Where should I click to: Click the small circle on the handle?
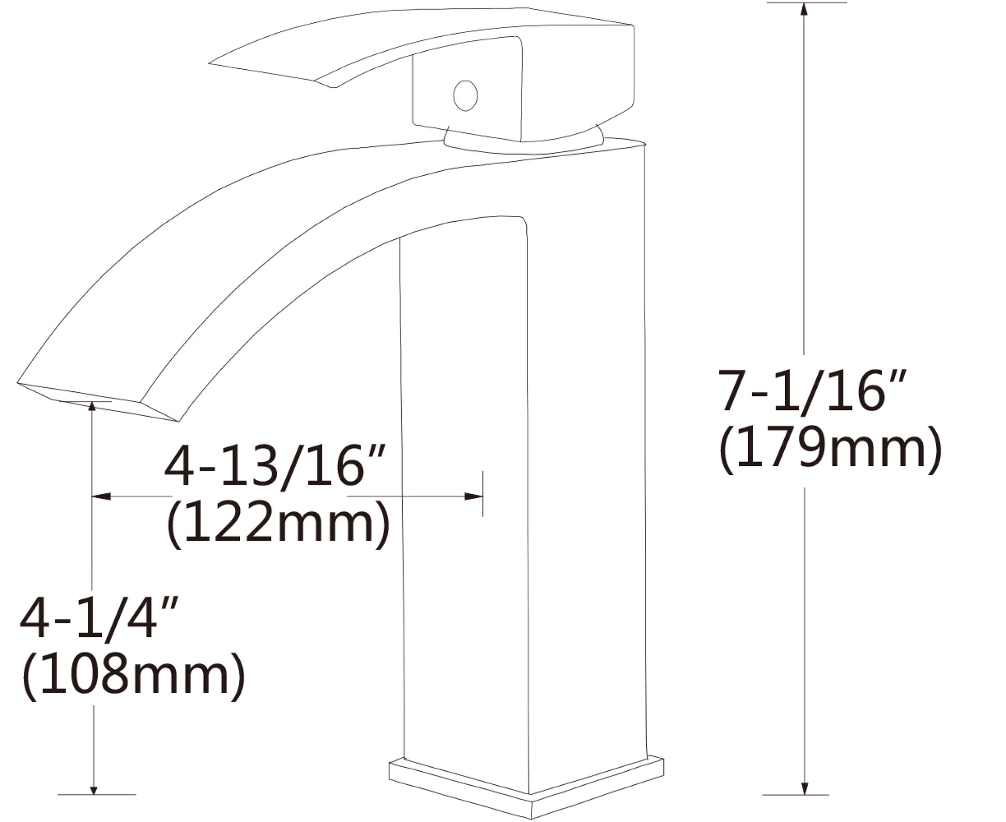(465, 96)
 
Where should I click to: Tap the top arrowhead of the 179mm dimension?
(804, 10)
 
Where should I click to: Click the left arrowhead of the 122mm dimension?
(101, 496)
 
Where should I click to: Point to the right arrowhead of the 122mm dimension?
(474, 496)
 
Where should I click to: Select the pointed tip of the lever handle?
(212, 64)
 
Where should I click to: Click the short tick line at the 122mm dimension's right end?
(483, 494)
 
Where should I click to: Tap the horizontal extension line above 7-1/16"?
(806, 3)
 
